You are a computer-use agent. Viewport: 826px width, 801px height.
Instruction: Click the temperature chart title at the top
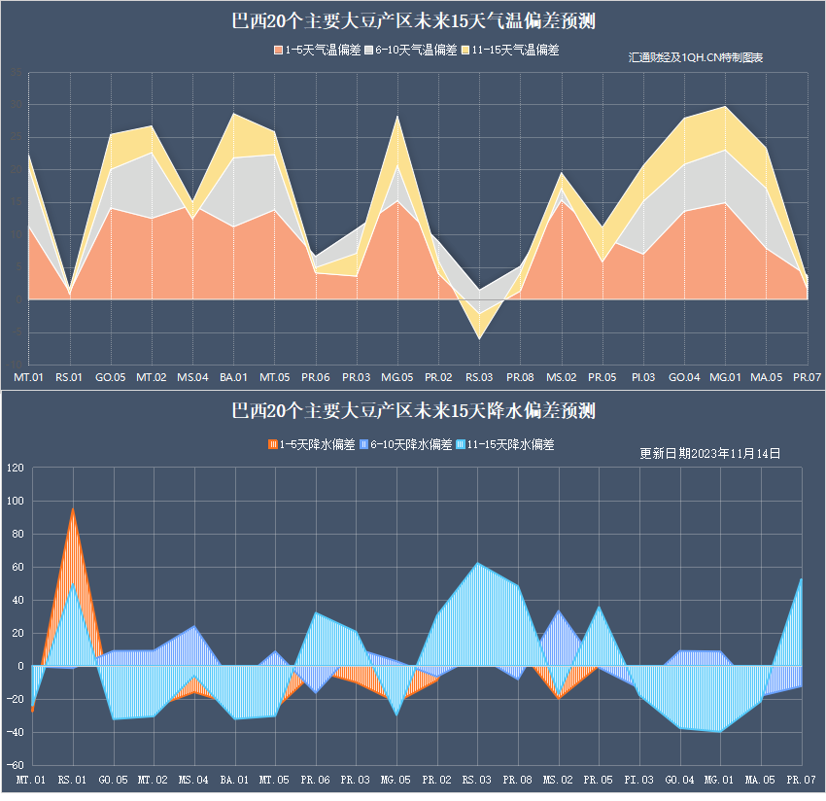pyautogui.click(x=413, y=21)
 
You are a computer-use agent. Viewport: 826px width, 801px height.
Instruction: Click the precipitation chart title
pyautogui.click(x=413, y=411)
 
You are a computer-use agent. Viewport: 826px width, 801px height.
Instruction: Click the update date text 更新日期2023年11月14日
pyautogui.click(x=709, y=453)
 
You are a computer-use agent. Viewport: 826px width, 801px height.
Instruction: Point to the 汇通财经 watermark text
pyautogui.click(x=696, y=58)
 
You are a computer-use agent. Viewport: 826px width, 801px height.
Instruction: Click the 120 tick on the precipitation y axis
pyautogui.click(x=15, y=469)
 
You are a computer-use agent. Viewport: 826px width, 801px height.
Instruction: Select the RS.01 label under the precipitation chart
pyautogui.click(x=72, y=780)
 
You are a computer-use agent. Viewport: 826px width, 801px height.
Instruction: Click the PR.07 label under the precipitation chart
pyautogui.click(x=801, y=780)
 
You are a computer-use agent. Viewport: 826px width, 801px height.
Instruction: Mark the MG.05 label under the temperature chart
pyautogui.click(x=396, y=376)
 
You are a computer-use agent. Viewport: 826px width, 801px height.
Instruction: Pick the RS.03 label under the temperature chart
pyautogui.click(x=478, y=376)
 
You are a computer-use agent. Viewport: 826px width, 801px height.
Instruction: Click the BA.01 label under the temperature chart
pyautogui.click(x=233, y=376)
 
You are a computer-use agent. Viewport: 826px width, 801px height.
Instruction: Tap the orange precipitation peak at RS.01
pyautogui.click(x=73, y=509)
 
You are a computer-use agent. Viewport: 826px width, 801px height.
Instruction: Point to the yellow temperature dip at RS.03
pyautogui.click(x=478, y=336)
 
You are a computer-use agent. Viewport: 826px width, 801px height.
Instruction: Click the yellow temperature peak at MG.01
pyautogui.click(x=725, y=108)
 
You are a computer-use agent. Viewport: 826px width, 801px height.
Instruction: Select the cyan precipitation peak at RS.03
pyautogui.click(x=477, y=564)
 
